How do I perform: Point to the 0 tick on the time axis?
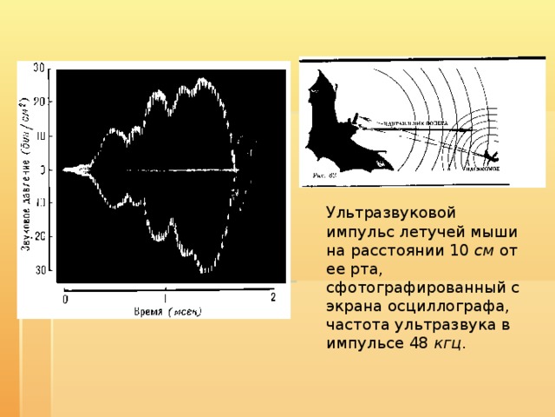65,300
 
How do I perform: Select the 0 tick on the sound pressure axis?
42,170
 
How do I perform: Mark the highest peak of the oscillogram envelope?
204,80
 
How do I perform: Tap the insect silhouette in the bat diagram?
492,156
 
